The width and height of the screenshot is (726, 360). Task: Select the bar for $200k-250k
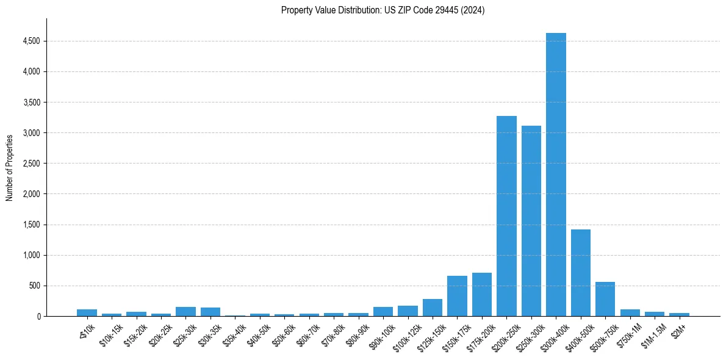point(506,216)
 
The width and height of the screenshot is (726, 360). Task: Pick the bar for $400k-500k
point(581,273)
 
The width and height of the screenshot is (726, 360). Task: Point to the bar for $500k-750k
point(605,299)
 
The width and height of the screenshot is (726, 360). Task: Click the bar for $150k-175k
point(457,296)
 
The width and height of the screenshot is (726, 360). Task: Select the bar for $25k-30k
point(185,311)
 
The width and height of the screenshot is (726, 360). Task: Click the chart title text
point(383,10)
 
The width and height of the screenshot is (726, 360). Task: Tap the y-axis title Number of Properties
point(10,167)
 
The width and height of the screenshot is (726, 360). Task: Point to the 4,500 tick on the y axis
point(31,41)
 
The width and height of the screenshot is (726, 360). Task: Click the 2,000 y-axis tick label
point(31,194)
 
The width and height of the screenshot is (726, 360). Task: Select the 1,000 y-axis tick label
point(31,255)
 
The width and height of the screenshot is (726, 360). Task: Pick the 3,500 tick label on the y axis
point(31,103)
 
